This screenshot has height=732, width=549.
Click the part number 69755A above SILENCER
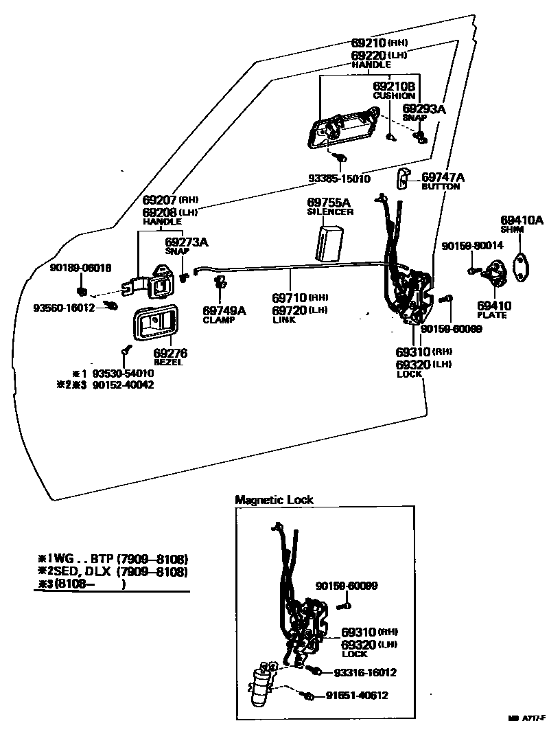point(329,203)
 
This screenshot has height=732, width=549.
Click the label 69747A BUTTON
point(443,181)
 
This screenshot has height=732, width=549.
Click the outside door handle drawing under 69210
point(343,130)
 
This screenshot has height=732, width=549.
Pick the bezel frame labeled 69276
point(155,322)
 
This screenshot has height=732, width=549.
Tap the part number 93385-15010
point(339,179)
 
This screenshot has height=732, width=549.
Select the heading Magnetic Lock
point(274,500)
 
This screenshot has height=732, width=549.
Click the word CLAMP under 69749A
point(219,320)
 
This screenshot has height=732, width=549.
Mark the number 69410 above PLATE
point(492,306)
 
